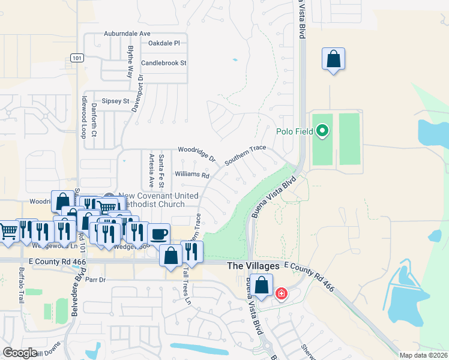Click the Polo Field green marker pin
pos(322,130)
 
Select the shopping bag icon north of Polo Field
pos(333,60)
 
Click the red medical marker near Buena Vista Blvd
pos(280,294)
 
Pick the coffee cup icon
pos(158,233)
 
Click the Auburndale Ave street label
pos(127,34)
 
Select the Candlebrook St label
pos(164,62)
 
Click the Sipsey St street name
pos(115,101)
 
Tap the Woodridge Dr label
pos(196,154)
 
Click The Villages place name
pos(253,265)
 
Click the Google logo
pos(20,352)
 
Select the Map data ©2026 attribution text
pos(423,355)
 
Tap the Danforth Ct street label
pos(94,119)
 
